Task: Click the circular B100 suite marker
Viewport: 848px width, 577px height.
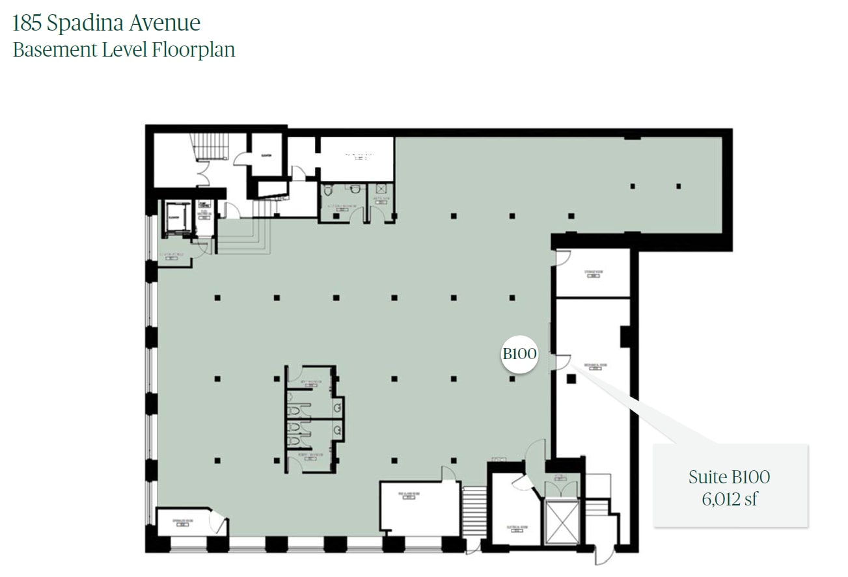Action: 520,354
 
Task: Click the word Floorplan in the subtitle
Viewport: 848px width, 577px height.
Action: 193,50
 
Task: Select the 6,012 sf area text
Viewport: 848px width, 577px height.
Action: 729,500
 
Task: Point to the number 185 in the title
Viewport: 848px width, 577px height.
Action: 27,23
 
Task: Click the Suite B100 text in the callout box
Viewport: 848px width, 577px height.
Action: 729,477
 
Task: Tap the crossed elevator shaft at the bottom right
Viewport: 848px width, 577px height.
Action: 561,522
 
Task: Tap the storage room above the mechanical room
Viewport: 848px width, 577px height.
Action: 592,273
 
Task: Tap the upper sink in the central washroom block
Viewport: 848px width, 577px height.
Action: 338,408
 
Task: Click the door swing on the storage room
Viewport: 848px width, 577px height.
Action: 563,258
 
